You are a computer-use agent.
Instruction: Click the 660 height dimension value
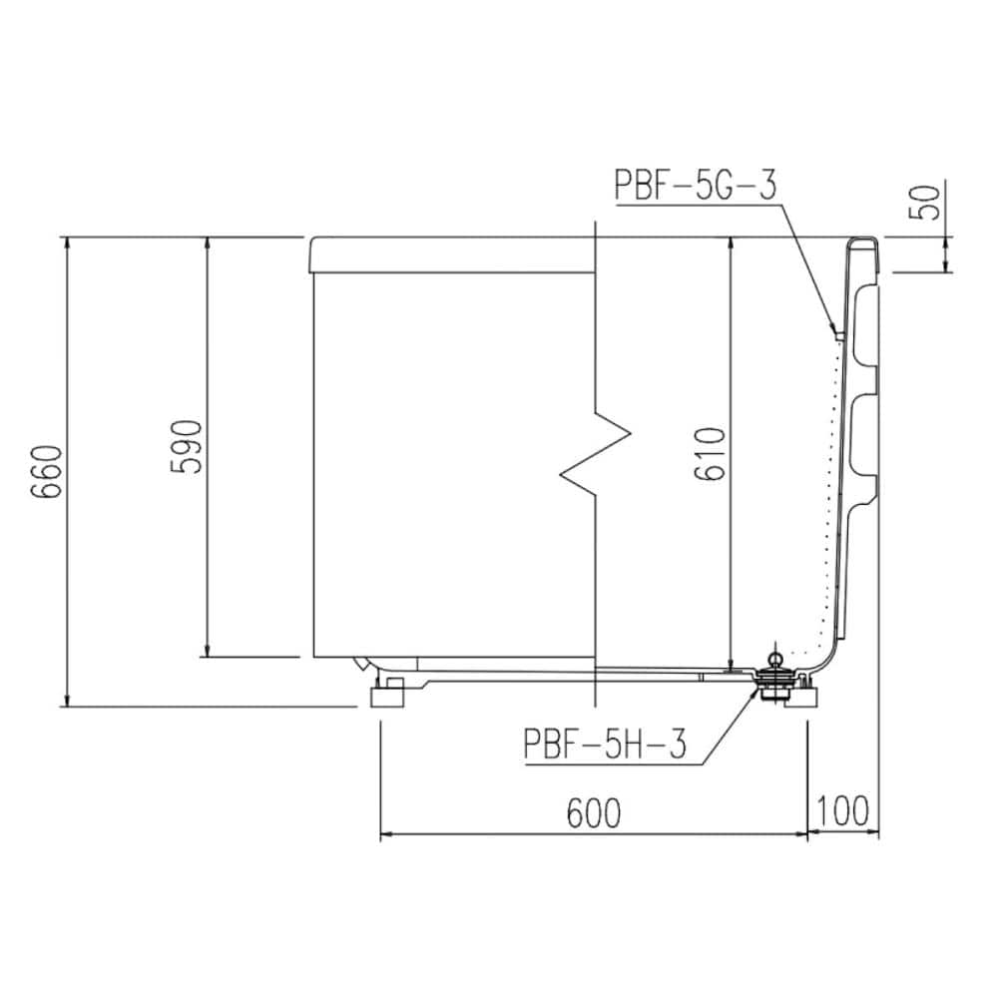click(48, 472)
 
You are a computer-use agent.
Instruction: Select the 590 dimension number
click(187, 446)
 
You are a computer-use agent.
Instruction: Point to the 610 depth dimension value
click(710, 454)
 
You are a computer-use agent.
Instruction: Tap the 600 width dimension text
click(593, 812)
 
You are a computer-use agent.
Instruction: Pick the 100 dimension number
click(842, 810)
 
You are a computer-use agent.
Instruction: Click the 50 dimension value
click(927, 202)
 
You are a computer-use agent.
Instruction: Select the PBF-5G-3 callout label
click(696, 184)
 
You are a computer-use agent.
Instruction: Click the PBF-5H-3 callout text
click(605, 745)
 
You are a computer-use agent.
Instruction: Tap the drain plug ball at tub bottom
click(776, 658)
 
